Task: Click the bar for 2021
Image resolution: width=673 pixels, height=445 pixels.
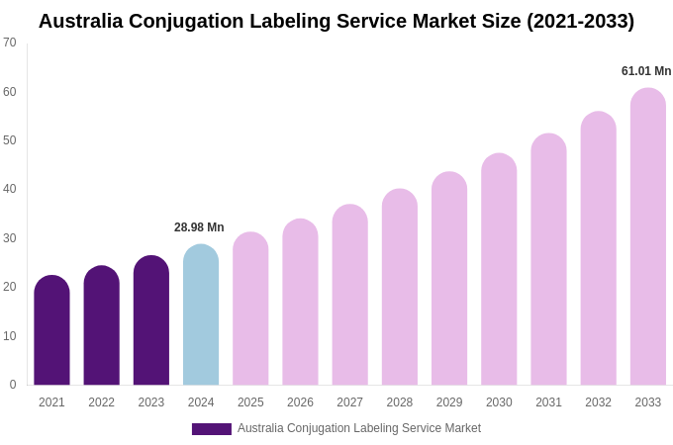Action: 51,330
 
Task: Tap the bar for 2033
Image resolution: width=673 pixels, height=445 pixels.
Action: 648,237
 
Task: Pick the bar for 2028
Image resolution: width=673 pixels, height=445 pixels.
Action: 400,287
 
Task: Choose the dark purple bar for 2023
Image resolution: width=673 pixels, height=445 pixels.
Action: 151,320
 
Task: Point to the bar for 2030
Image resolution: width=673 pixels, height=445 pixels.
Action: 499,269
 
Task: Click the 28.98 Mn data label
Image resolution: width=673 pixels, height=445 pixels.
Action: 199,227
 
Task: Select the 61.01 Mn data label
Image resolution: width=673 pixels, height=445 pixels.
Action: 646,71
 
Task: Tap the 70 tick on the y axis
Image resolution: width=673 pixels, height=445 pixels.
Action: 10,43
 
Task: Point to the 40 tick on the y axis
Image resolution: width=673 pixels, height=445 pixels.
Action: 10,189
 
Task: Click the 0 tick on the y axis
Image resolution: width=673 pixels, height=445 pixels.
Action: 13,385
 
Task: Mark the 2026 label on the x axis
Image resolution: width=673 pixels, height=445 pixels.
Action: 300,402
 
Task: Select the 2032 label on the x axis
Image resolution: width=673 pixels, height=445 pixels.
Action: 598,402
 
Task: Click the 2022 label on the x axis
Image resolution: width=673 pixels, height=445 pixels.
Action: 101,402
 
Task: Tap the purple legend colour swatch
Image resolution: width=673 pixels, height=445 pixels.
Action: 211,429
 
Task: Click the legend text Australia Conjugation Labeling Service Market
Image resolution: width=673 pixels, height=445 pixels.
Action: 359,428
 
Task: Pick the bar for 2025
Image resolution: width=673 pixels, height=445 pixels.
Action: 250,309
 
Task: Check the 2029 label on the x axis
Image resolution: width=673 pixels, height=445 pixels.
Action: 449,402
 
